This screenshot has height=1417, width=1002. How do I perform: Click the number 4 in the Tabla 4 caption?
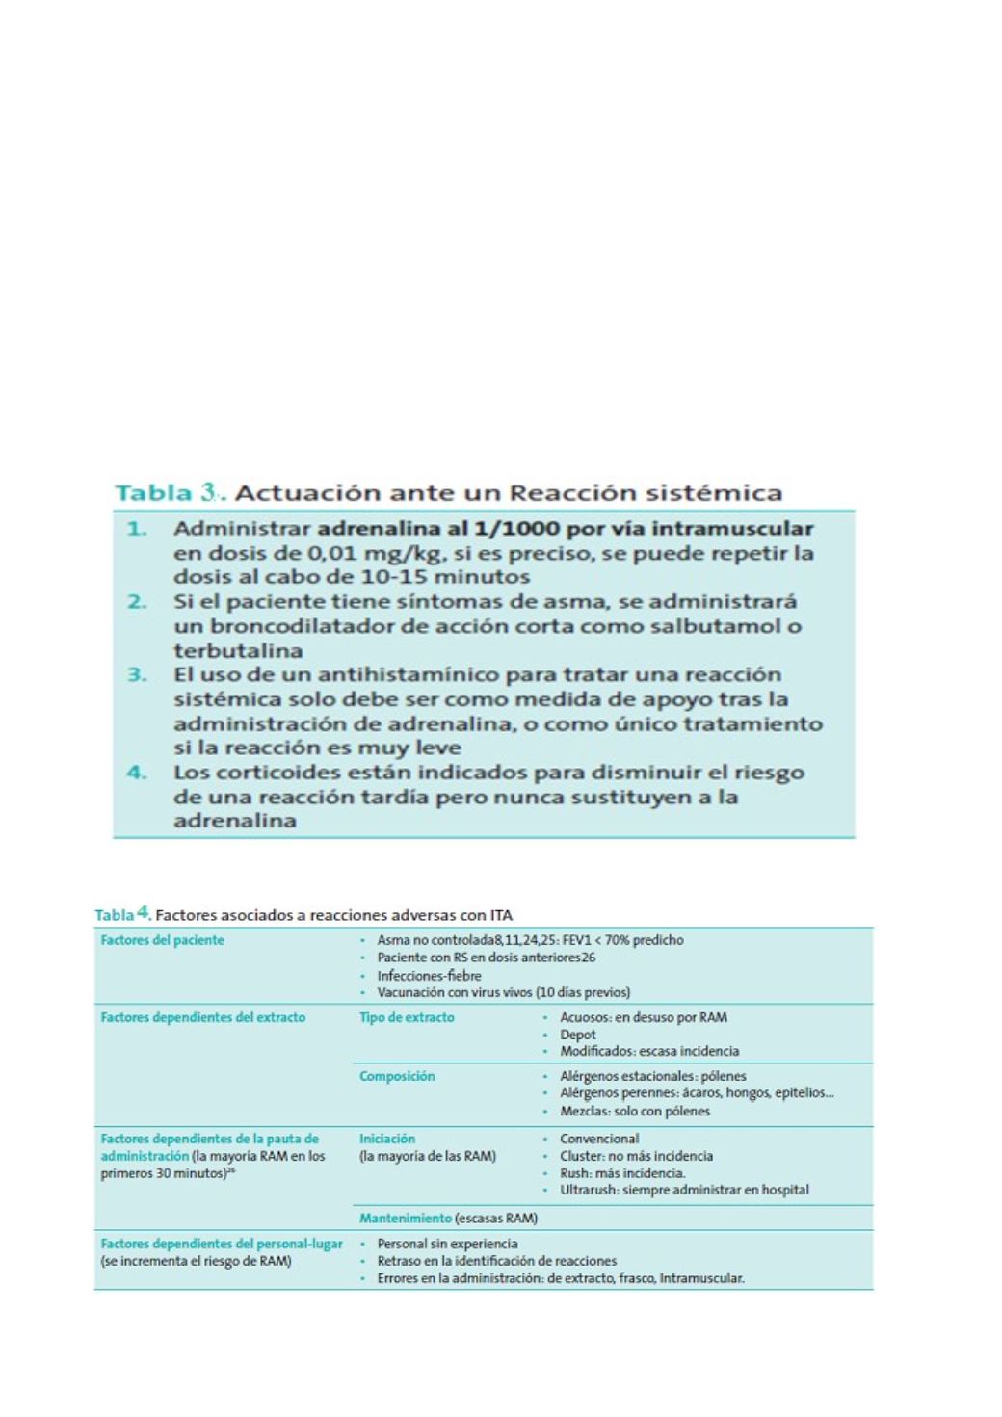143,911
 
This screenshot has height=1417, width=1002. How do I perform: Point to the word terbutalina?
238,650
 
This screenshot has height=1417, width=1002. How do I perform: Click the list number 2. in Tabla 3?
138,602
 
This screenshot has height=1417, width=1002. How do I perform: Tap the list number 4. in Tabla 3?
138,773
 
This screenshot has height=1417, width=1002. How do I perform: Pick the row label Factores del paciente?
162,940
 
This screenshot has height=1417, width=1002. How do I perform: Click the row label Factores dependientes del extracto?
203,1017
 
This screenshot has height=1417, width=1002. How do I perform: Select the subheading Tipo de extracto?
407,1017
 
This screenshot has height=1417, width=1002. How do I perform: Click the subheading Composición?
397,1076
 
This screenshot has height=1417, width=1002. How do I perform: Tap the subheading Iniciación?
387,1139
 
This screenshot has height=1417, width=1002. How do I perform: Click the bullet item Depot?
578,1035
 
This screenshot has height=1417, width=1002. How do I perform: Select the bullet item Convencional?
599,1139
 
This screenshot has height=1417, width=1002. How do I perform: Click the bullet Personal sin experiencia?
447,1244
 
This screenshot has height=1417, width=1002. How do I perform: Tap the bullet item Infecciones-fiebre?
429,975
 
